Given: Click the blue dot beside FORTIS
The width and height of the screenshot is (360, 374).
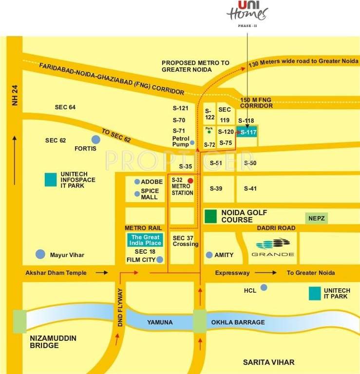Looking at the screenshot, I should pos(95,140).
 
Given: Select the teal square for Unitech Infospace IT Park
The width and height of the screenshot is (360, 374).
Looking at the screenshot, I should pos(51,179).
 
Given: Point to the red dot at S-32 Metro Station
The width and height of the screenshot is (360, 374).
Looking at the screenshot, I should pos(190,181).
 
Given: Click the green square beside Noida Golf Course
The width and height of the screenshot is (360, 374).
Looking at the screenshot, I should pos(210,216).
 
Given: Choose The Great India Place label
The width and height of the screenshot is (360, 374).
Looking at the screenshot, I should pos(144,240).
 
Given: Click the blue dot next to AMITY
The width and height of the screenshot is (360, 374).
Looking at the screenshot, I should pos(209,255).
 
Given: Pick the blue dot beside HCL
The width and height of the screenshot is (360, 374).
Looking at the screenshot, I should pos(264,287).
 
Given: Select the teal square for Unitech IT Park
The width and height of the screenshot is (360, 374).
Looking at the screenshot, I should pos(315,293).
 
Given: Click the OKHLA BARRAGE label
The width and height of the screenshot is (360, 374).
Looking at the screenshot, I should pos(238,322).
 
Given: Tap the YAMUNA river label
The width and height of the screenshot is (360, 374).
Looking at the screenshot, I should pos(160,322).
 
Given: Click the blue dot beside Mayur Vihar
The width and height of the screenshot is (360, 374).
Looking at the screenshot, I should pos(40,254).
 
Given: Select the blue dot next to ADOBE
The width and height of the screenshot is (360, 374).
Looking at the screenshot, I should pos(137,182).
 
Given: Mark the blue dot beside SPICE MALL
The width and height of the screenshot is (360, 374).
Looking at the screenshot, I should pos(137,194).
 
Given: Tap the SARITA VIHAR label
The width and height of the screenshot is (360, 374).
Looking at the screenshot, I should pos(269,362).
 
